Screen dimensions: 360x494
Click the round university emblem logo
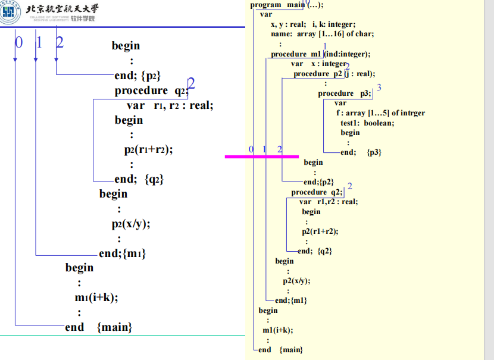click(11, 12)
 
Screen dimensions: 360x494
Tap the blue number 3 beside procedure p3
click(379, 87)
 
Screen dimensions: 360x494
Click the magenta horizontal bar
click(261, 156)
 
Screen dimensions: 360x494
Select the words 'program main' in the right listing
click(277, 5)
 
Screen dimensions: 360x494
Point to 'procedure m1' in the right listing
click(296, 54)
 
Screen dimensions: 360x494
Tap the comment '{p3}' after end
click(374, 152)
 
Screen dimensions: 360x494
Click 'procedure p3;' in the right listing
click(344, 93)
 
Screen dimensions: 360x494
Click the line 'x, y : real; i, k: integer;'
click(312, 24)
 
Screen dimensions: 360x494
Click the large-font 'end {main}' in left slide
click(98, 327)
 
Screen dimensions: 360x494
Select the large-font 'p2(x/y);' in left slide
click(130, 224)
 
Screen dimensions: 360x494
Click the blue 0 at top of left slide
click(18, 42)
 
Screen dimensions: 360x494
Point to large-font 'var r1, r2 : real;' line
click(170, 105)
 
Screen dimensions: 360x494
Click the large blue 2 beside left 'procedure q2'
click(192, 84)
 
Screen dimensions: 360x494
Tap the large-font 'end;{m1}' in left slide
click(122, 253)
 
